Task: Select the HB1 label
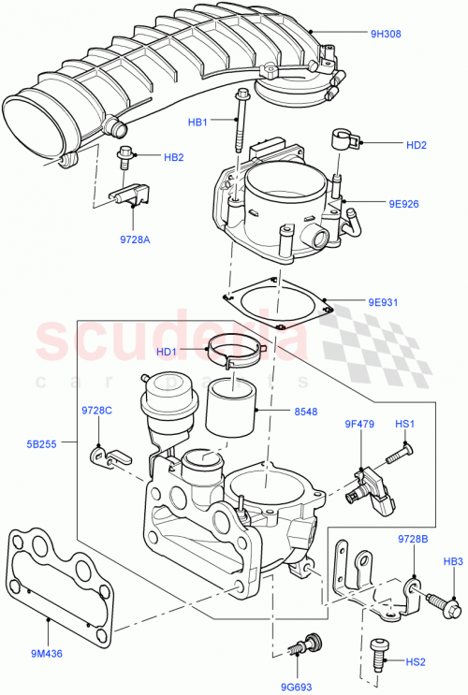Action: [197, 121]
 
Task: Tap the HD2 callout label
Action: [417, 145]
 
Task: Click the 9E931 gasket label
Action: [382, 302]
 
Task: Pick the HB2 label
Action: [174, 157]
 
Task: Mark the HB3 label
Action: [453, 561]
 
